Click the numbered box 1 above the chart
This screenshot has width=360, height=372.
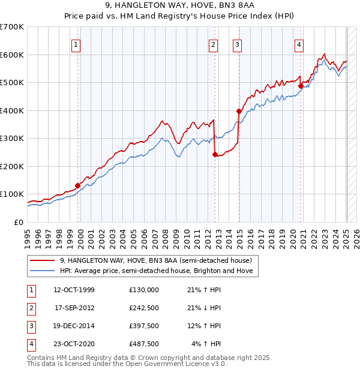[x=77, y=44]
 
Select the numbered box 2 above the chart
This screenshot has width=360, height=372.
[x=214, y=44]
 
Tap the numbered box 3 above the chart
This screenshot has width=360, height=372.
[x=238, y=44]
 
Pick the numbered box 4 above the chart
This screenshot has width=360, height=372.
[x=299, y=44]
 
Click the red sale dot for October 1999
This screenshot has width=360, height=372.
[x=77, y=185]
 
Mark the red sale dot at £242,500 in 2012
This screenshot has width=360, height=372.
[x=214, y=154]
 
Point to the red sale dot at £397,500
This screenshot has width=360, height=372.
[x=239, y=111]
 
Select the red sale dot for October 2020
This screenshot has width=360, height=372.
[x=301, y=86]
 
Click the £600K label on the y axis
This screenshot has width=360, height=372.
[x=12, y=55]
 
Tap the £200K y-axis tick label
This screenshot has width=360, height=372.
[x=12, y=166]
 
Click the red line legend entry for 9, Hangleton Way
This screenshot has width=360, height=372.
[x=159, y=260]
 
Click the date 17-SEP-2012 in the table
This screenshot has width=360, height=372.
[x=74, y=308]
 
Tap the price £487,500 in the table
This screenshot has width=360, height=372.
[x=144, y=344]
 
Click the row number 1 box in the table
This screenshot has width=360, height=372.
[x=31, y=290]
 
